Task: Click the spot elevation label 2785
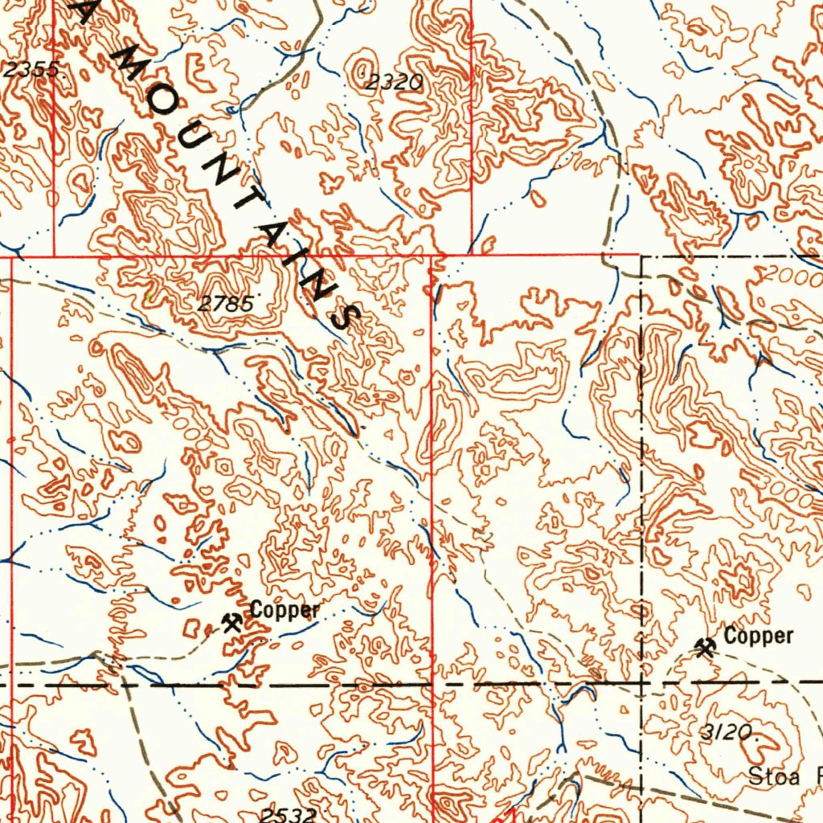(227, 304)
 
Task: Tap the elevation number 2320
(395, 81)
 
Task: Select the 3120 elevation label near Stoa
(729, 731)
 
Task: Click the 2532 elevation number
(287, 815)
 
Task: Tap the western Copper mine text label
(285, 610)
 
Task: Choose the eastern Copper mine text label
(758, 637)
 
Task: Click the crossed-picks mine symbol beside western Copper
(232, 621)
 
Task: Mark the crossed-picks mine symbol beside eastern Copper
(706, 646)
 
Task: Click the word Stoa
(775, 776)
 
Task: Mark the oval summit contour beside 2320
(363, 63)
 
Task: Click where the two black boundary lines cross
(641, 682)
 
